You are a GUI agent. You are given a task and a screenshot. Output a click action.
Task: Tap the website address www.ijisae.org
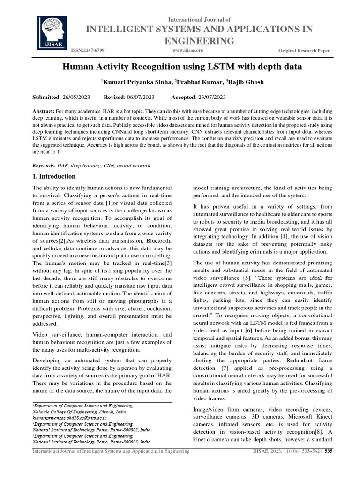click(x=187, y=50)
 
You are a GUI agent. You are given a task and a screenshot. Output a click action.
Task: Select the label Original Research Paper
click(x=304, y=50)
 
